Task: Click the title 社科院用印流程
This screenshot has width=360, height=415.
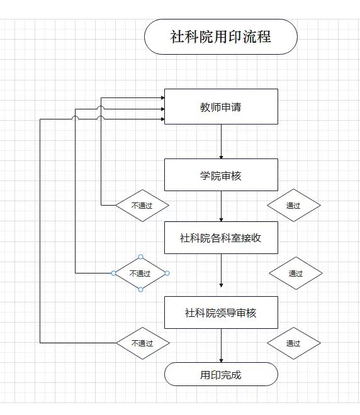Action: point(221,37)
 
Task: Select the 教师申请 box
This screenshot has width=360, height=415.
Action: point(221,106)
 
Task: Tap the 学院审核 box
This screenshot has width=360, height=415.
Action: point(221,175)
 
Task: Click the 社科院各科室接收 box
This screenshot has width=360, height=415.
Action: point(221,238)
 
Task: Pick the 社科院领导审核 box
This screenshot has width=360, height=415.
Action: point(221,313)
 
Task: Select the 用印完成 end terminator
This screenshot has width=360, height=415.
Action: point(221,374)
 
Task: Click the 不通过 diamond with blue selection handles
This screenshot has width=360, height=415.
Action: point(140,273)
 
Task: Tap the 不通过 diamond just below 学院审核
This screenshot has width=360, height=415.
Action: point(142,206)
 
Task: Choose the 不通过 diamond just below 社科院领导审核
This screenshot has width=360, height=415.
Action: point(142,343)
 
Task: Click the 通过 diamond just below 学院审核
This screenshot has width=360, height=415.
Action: point(294,205)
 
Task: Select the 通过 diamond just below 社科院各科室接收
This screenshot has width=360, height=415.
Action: point(296,273)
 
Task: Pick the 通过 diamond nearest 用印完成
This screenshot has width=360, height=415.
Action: point(294,343)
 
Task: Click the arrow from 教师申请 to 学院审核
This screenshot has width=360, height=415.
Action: point(221,141)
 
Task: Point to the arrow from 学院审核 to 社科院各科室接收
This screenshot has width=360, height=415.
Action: point(221,206)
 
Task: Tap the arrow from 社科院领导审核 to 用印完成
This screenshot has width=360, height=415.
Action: point(221,346)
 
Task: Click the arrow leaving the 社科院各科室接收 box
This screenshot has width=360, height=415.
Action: point(221,270)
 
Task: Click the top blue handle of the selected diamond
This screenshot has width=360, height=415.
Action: point(140,257)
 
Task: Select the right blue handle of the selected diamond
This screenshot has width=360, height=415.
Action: point(167,273)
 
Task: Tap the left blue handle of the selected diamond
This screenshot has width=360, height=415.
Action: point(114,273)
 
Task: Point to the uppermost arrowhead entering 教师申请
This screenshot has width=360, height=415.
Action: point(163,97)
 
